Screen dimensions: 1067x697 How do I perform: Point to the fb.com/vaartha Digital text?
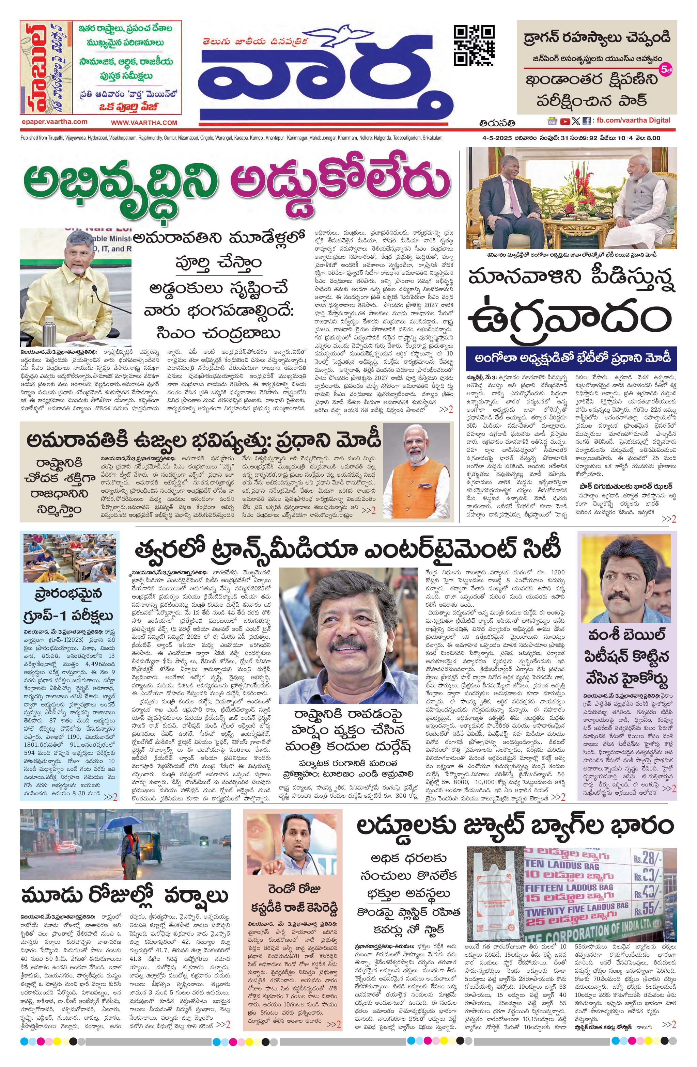(x=633, y=120)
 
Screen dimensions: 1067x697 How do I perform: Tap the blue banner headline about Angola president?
(x=571, y=359)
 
